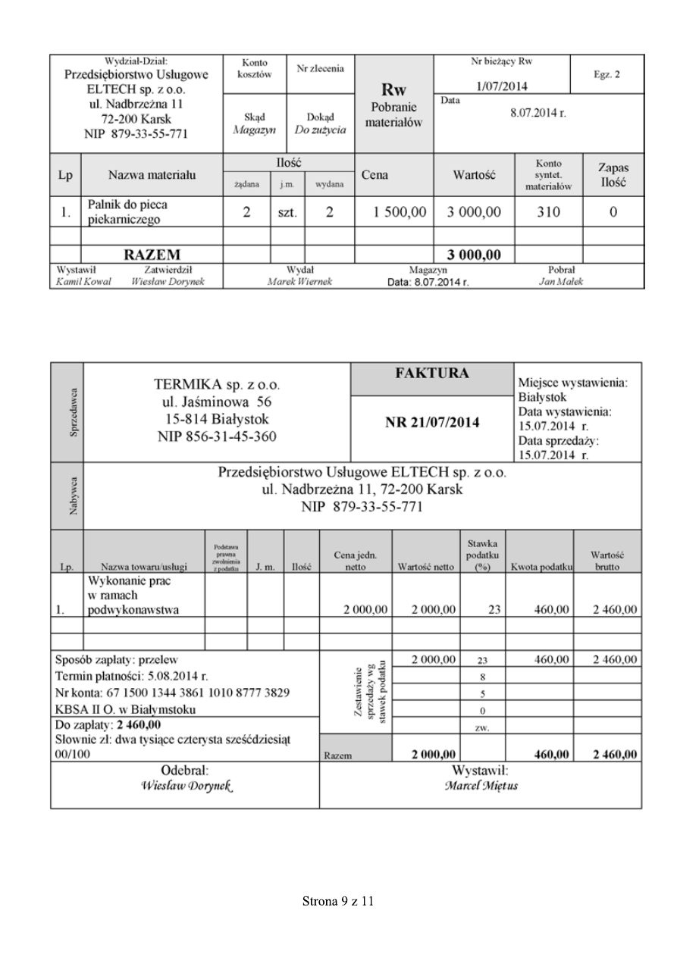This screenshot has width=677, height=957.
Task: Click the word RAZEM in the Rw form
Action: (x=152, y=254)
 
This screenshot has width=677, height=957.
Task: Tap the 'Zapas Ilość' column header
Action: (x=613, y=175)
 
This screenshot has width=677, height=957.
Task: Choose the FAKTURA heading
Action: (x=432, y=374)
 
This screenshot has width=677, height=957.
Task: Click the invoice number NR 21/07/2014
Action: (x=432, y=422)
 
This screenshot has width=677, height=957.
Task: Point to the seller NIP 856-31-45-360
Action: (x=217, y=436)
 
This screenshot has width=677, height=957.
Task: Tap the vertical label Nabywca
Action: (x=67, y=496)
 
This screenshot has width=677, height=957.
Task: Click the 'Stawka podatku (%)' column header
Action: (x=482, y=552)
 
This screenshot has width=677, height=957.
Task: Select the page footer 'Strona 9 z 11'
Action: (x=338, y=902)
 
